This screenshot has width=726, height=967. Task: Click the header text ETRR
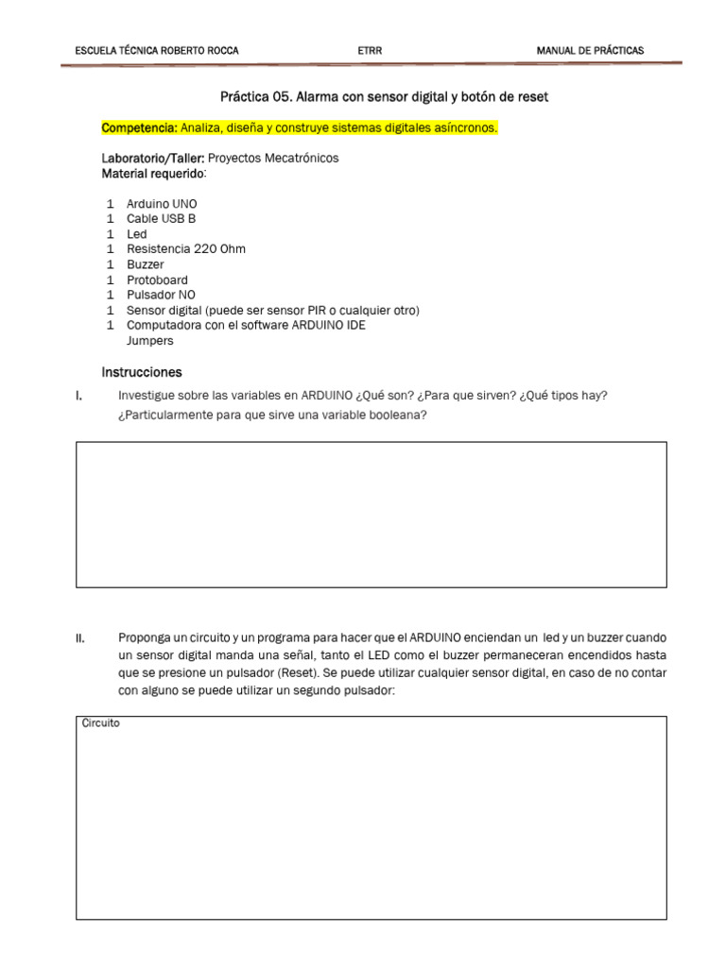point(371,50)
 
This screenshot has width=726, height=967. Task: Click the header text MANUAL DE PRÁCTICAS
point(590,50)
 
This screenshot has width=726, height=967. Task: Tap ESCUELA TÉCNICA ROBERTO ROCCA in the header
point(156,50)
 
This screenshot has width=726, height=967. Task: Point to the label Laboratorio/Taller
point(152,159)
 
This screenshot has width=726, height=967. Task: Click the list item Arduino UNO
point(162,204)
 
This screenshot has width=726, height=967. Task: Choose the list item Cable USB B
point(161,219)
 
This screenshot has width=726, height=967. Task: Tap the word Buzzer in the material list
point(145,264)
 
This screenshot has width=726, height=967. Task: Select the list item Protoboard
point(157,280)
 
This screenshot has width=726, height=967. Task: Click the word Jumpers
point(149,340)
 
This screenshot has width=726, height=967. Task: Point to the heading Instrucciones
point(142,372)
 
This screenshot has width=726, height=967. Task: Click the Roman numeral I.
point(78,396)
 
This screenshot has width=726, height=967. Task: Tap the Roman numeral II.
point(80,639)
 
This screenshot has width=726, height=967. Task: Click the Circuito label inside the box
point(100,723)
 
